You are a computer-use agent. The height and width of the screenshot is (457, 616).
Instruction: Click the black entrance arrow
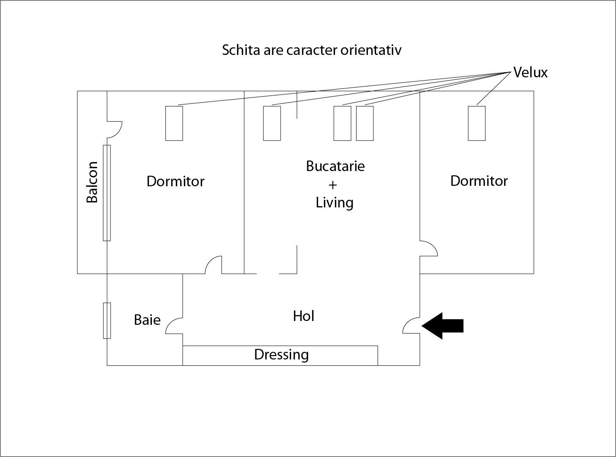click(443, 326)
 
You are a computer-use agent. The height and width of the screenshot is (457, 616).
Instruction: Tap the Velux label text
click(530, 73)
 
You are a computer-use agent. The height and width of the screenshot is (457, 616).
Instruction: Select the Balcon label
click(92, 182)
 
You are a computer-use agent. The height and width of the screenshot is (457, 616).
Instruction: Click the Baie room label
click(147, 320)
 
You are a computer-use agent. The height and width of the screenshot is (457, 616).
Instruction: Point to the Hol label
click(303, 316)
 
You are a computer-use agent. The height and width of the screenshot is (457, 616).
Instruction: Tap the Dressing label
click(281, 355)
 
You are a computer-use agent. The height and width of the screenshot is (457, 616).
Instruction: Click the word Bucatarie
click(335, 166)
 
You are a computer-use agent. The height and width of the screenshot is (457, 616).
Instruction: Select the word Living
click(335, 202)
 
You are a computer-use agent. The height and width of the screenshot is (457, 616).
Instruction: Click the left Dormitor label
click(175, 181)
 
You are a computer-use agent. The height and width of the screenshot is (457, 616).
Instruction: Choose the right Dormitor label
click(479, 181)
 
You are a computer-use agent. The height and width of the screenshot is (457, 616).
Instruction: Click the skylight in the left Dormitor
click(174, 123)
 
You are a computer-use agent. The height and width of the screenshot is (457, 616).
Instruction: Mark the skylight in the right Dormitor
click(477, 123)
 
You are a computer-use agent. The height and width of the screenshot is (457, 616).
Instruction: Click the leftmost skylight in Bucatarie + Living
click(272, 123)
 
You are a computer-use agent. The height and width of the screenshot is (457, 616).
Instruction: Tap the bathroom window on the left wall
click(107, 321)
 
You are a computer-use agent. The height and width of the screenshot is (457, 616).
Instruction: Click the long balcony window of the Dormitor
click(107, 193)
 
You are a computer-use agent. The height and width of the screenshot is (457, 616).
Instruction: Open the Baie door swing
click(173, 326)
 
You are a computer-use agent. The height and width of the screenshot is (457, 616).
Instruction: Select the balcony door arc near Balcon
click(115, 129)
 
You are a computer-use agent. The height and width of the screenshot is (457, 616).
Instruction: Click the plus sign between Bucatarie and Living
click(332, 185)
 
